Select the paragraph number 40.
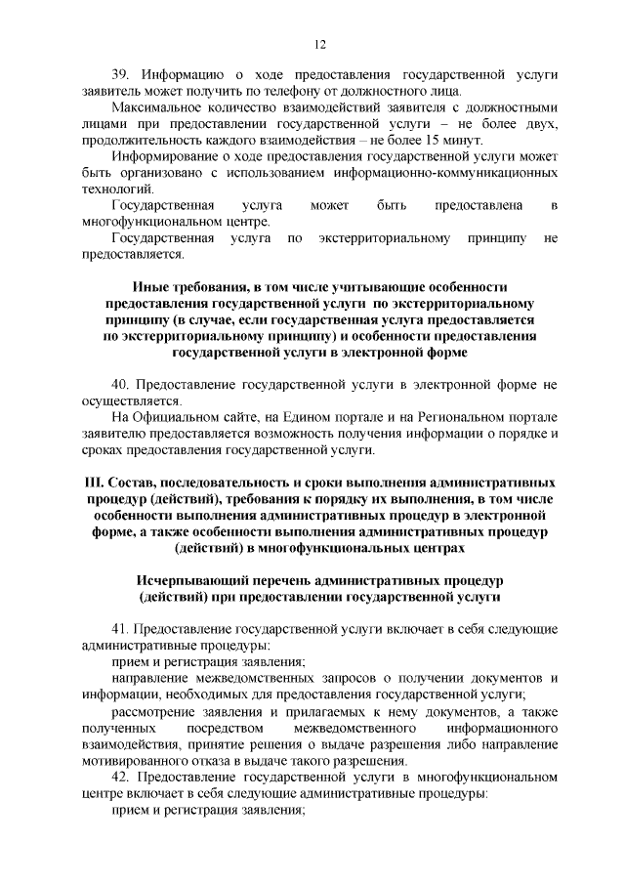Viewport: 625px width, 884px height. pyautogui.click(x=123, y=385)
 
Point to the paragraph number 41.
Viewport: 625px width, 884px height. pyautogui.click(x=123, y=632)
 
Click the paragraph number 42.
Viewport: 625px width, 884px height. pyautogui.click(x=123, y=779)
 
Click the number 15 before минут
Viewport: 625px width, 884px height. pyautogui.click(x=460, y=140)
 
